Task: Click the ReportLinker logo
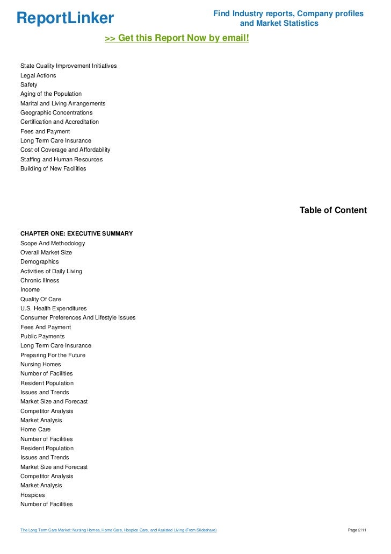coord(65,18)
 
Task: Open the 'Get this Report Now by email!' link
coord(177,38)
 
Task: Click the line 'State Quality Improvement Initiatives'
coord(68,66)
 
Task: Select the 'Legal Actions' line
coord(38,75)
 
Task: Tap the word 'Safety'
coord(29,85)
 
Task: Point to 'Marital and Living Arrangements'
coord(63,103)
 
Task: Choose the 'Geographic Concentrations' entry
coord(56,112)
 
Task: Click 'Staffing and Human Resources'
coord(61,160)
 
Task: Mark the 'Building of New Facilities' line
coord(53,169)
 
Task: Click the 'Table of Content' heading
coord(333,210)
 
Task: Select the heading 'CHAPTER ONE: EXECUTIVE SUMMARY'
coord(76,234)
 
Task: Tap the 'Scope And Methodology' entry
coord(53,243)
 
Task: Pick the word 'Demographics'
coord(40,262)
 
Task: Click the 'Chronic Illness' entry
coord(40,281)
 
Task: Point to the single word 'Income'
coord(30,290)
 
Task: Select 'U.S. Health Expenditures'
coord(53,309)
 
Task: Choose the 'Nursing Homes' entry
coord(41,365)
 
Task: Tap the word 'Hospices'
coord(33,495)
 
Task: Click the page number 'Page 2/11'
coord(357,531)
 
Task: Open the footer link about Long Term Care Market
coord(118,531)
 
